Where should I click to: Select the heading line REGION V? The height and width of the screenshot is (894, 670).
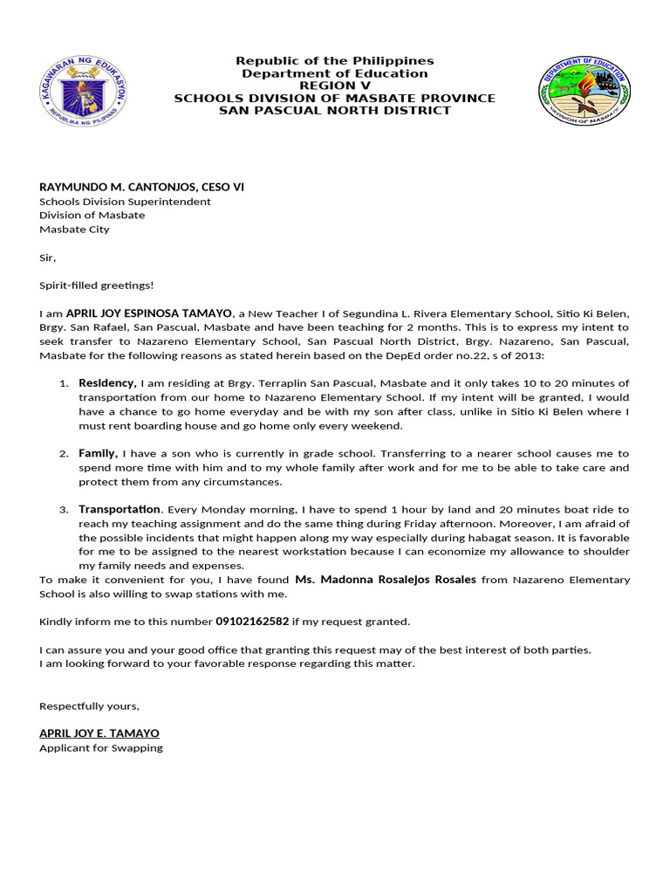(x=335, y=86)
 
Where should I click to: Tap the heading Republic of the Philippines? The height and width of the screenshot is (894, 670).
(x=335, y=60)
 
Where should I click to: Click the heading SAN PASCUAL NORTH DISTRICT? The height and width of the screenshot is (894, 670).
(x=335, y=110)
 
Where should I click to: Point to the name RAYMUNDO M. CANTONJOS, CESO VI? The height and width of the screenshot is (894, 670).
(x=135, y=187)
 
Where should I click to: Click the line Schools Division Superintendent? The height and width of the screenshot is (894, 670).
(x=125, y=201)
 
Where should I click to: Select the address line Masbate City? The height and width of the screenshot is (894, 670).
(x=74, y=230)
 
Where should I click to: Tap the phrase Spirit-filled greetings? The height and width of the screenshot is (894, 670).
(x=96, y=285)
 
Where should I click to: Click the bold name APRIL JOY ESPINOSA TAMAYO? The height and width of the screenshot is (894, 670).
(x=149, y=313)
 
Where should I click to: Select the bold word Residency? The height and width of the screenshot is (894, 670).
(x=106, y=383)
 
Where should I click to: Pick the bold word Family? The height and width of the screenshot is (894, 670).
(x=98, y=453)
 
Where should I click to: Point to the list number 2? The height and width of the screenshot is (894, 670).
(x=64, y=454)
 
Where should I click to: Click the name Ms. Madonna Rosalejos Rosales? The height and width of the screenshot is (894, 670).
(x=386, y=580)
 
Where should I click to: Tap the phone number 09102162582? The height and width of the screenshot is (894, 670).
(x=252, y=622)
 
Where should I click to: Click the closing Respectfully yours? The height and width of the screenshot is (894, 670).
(x=89, y=705)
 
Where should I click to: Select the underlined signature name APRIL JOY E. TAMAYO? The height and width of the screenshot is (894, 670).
(x=99, y=733)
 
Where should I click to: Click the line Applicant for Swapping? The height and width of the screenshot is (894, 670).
(x=101, y=748)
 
